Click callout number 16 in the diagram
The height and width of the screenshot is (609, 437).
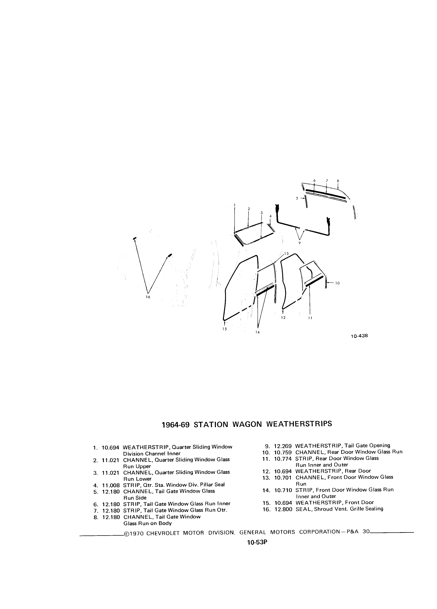(148, 297)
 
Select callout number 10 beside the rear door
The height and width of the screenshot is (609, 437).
(337, 283)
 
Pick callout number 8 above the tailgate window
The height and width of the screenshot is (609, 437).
(338, 181)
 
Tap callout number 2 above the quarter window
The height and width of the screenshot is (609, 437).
(249, 209)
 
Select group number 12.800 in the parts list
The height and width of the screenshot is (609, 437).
(283, 509)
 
